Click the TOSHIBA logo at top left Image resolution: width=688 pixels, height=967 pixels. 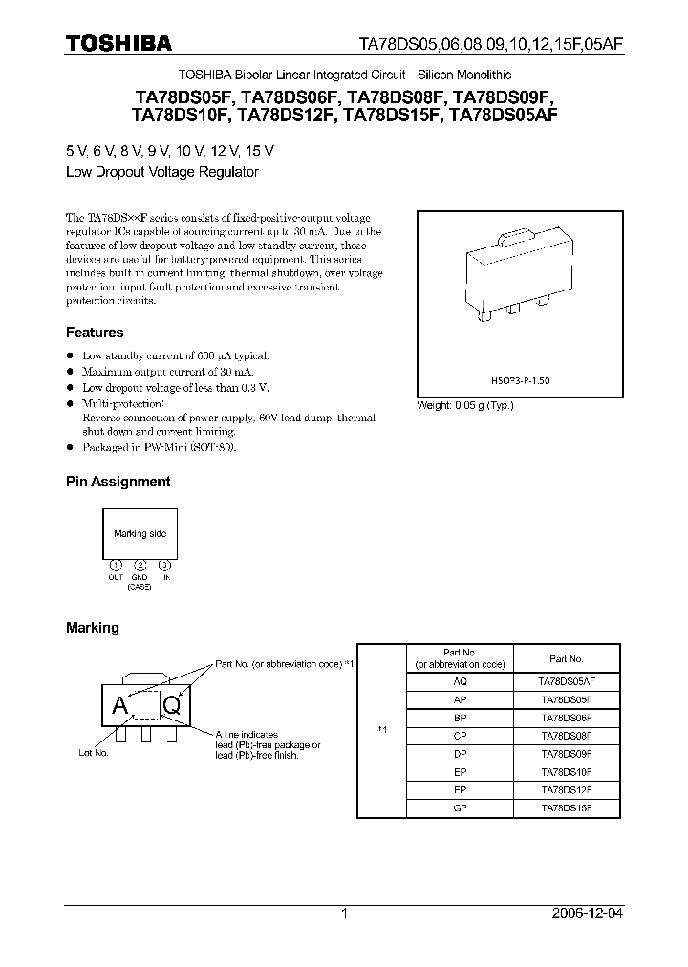(118, 43)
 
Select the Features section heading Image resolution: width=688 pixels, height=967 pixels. (95, 333)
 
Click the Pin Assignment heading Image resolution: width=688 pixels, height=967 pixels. (118, 482)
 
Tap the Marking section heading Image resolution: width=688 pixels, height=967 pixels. (92, 628)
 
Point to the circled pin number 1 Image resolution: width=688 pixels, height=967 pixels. (116, 565)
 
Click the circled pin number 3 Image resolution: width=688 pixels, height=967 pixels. (164, 565)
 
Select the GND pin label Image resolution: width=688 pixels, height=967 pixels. (140, 577)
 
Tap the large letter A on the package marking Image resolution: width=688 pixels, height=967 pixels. (120, 707)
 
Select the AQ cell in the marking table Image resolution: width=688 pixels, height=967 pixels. (461, 681)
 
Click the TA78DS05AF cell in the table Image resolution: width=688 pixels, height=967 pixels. (567, 681)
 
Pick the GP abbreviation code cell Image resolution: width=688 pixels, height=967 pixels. (461, 807)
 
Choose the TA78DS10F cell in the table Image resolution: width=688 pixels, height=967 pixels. (567, 771)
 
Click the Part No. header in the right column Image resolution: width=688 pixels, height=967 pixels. (567, 658)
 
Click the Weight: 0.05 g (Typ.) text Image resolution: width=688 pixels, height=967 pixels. (465, 405)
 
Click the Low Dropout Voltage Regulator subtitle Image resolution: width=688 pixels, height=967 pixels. (162, 173)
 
